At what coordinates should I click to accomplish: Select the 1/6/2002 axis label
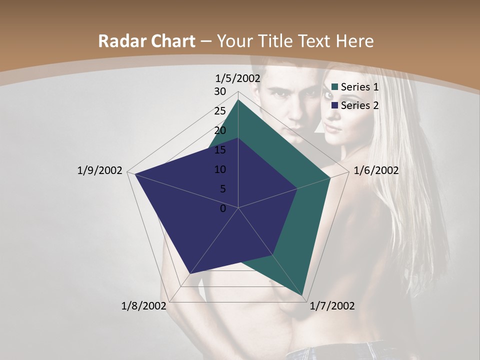click(x=376, y=170)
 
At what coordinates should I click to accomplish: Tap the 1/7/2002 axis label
click(x=332, y=305)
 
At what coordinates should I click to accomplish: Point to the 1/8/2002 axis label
click(x=144, y=305)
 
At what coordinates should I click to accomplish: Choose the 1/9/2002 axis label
click(x=99, y=170)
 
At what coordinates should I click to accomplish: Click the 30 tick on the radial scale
click(x=220, y=91)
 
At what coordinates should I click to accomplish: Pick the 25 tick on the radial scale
click(x=220, y=111)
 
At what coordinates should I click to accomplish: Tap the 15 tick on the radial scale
click(x=220, y=150)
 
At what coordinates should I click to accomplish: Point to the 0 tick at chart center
click(x=223, y=208)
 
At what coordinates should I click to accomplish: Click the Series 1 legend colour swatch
click(x=334, y=87)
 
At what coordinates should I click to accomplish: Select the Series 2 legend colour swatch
click(x=334, y=105)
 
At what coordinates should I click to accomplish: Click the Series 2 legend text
click(x=359, y=105)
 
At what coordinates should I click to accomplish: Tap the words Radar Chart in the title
click(x=146, y=41)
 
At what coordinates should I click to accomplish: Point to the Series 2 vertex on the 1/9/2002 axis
click(x=134, y=173)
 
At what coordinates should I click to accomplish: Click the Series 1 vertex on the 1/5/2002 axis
click(x=238, y=100)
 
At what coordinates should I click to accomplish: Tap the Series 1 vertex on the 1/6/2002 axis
click(x=330, y=177)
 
